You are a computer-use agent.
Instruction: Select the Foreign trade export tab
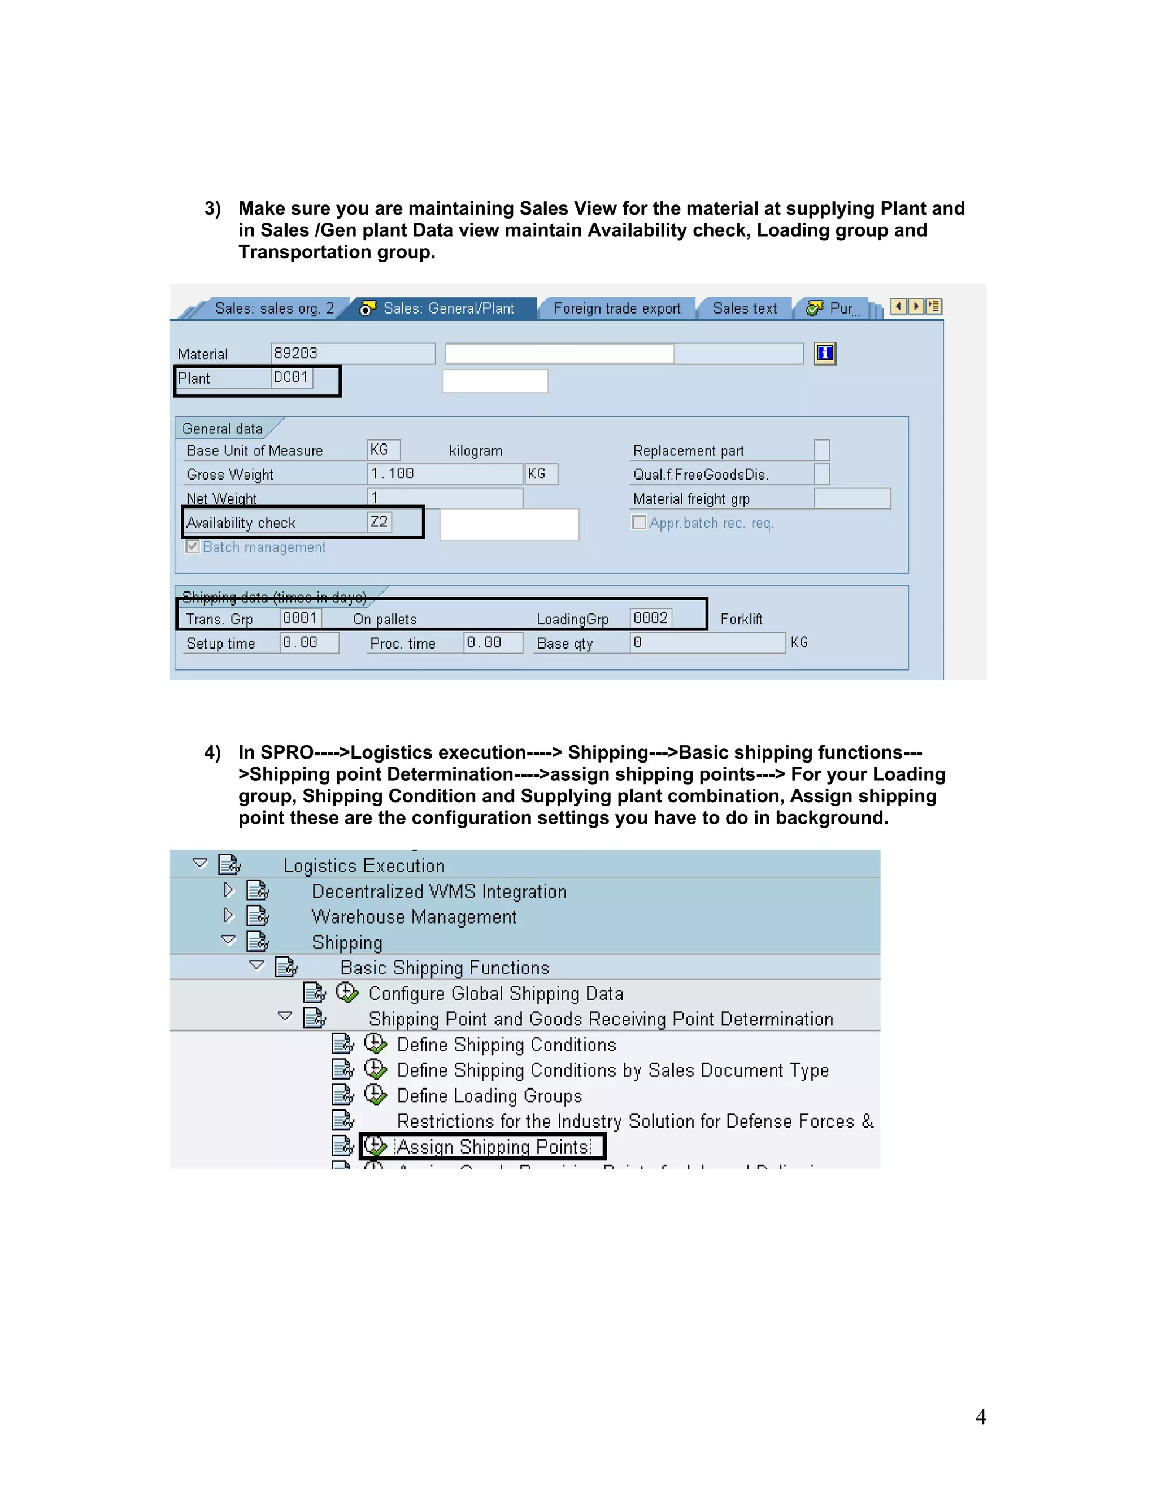[x=617, y=308]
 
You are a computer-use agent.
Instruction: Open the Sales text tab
[x=745, y=308]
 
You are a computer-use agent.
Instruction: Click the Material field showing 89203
[x=353, y=353]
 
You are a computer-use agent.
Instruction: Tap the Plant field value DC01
[x=292, y=378]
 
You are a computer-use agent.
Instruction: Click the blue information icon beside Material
[x=825, y=353]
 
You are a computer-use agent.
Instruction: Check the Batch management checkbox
[x=193, y=546]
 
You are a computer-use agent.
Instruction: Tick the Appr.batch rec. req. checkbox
[x=639, y=523]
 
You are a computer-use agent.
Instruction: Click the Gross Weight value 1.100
[x=444, y=473]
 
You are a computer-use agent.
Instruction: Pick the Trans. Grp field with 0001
[x=300, y=618]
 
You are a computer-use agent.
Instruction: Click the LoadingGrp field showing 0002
[x=650, y=618]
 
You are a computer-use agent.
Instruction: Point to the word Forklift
[x=741, y=619]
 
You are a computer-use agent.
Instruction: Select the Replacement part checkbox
[x=821, y=450]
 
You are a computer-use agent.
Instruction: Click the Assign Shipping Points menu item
[x=493, y=1147]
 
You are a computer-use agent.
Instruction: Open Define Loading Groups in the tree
[x=489, y=1095]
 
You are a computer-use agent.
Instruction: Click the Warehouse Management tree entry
[x=414, y=916]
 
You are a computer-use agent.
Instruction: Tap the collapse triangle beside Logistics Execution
[x=200, y=863]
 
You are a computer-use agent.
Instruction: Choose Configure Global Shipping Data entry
[x=495, y=993]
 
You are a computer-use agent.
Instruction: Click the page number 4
[x=980, y=1417]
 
